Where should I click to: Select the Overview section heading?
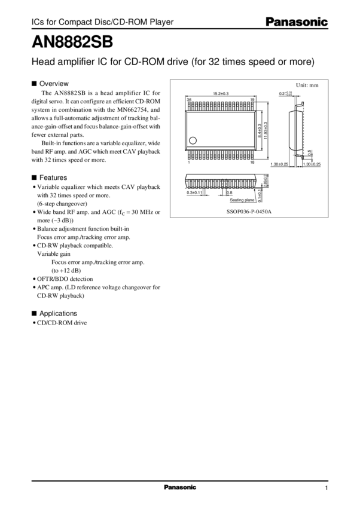point(54,83)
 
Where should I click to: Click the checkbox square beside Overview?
point(33,83)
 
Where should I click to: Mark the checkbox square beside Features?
point(33,178)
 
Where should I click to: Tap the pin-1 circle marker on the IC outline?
point(192,141)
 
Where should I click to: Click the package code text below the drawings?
point(248,211)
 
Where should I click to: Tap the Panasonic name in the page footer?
point(179,488)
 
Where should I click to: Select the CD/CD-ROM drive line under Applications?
point(62,323)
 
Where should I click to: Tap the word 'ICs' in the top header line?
point(36,22)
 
